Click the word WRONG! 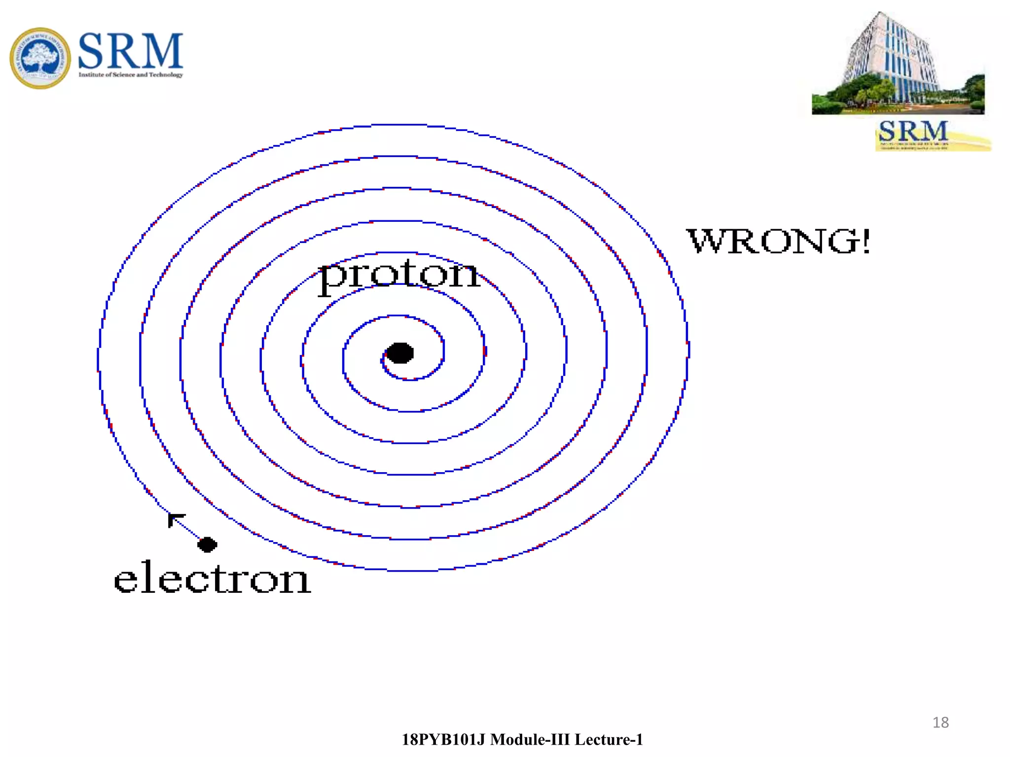[778, 241]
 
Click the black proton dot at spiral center [399, 353]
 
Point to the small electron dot [207, 545]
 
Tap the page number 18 [940, 723]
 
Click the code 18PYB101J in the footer [443, 740]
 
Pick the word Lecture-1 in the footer [609, 740]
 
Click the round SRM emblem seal [40, 58]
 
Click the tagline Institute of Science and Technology [131, 75]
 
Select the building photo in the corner [898, 64]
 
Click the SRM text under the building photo [913, 131]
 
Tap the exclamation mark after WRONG [865, 241]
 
